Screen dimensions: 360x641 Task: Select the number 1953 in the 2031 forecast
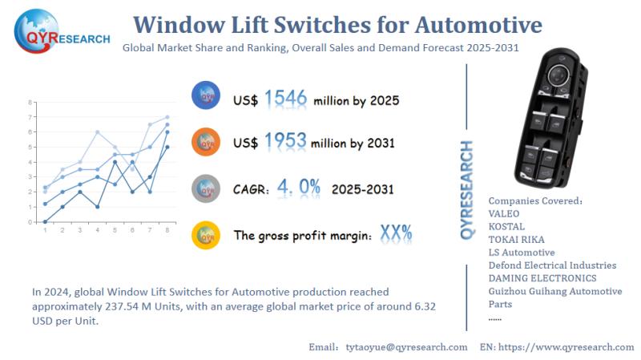coord(285,141)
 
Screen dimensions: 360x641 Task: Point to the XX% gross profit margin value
coord(396,234)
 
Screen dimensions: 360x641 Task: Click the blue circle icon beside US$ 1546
coord(206,97)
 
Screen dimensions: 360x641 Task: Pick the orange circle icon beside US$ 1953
coord(206,142)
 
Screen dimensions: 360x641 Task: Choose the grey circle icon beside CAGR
coord(206,188)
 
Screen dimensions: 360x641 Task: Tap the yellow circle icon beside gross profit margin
coord(206,235)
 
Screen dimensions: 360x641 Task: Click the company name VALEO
coord(504,214)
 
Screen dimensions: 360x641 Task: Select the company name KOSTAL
coord(506,227)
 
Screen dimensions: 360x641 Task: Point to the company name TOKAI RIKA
coord(516,240)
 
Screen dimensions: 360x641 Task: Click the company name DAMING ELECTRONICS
coord(542,278)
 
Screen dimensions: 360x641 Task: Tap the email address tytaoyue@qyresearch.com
coord(406,347)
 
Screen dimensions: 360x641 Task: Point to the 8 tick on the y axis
coord(30,103)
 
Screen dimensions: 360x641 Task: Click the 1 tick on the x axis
coord(45,230)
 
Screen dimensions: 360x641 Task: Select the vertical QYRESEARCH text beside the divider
coord(467,190)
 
